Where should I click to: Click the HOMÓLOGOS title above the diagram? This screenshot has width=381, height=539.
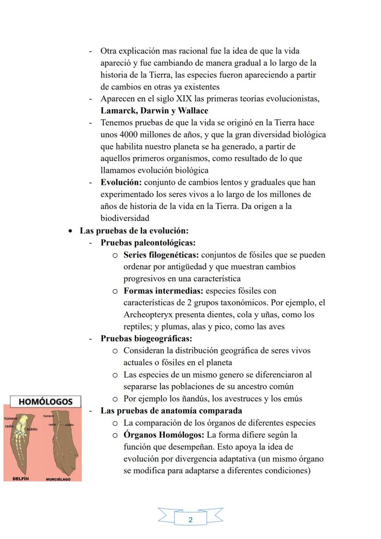pos(45,401)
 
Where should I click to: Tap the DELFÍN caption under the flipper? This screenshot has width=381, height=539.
pos(21,479)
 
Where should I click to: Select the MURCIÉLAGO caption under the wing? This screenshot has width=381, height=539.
pos(58,479)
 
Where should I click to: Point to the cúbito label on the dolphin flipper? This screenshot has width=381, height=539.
pos(32,429)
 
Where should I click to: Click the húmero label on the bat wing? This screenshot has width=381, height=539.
pos(49,416)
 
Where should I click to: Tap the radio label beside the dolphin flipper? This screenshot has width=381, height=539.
pos(9,426)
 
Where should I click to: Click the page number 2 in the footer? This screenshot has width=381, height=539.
pos(190,520)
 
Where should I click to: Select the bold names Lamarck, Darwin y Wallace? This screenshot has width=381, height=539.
pos(154,110)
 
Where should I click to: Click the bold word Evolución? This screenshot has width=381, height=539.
pos(121,182)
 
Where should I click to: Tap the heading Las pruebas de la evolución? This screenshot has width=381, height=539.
pos(134,231)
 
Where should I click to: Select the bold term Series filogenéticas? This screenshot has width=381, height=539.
pos(161,255)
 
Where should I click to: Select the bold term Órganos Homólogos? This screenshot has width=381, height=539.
pos(164,435)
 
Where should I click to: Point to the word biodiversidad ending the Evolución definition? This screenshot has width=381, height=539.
pos(125,218)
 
